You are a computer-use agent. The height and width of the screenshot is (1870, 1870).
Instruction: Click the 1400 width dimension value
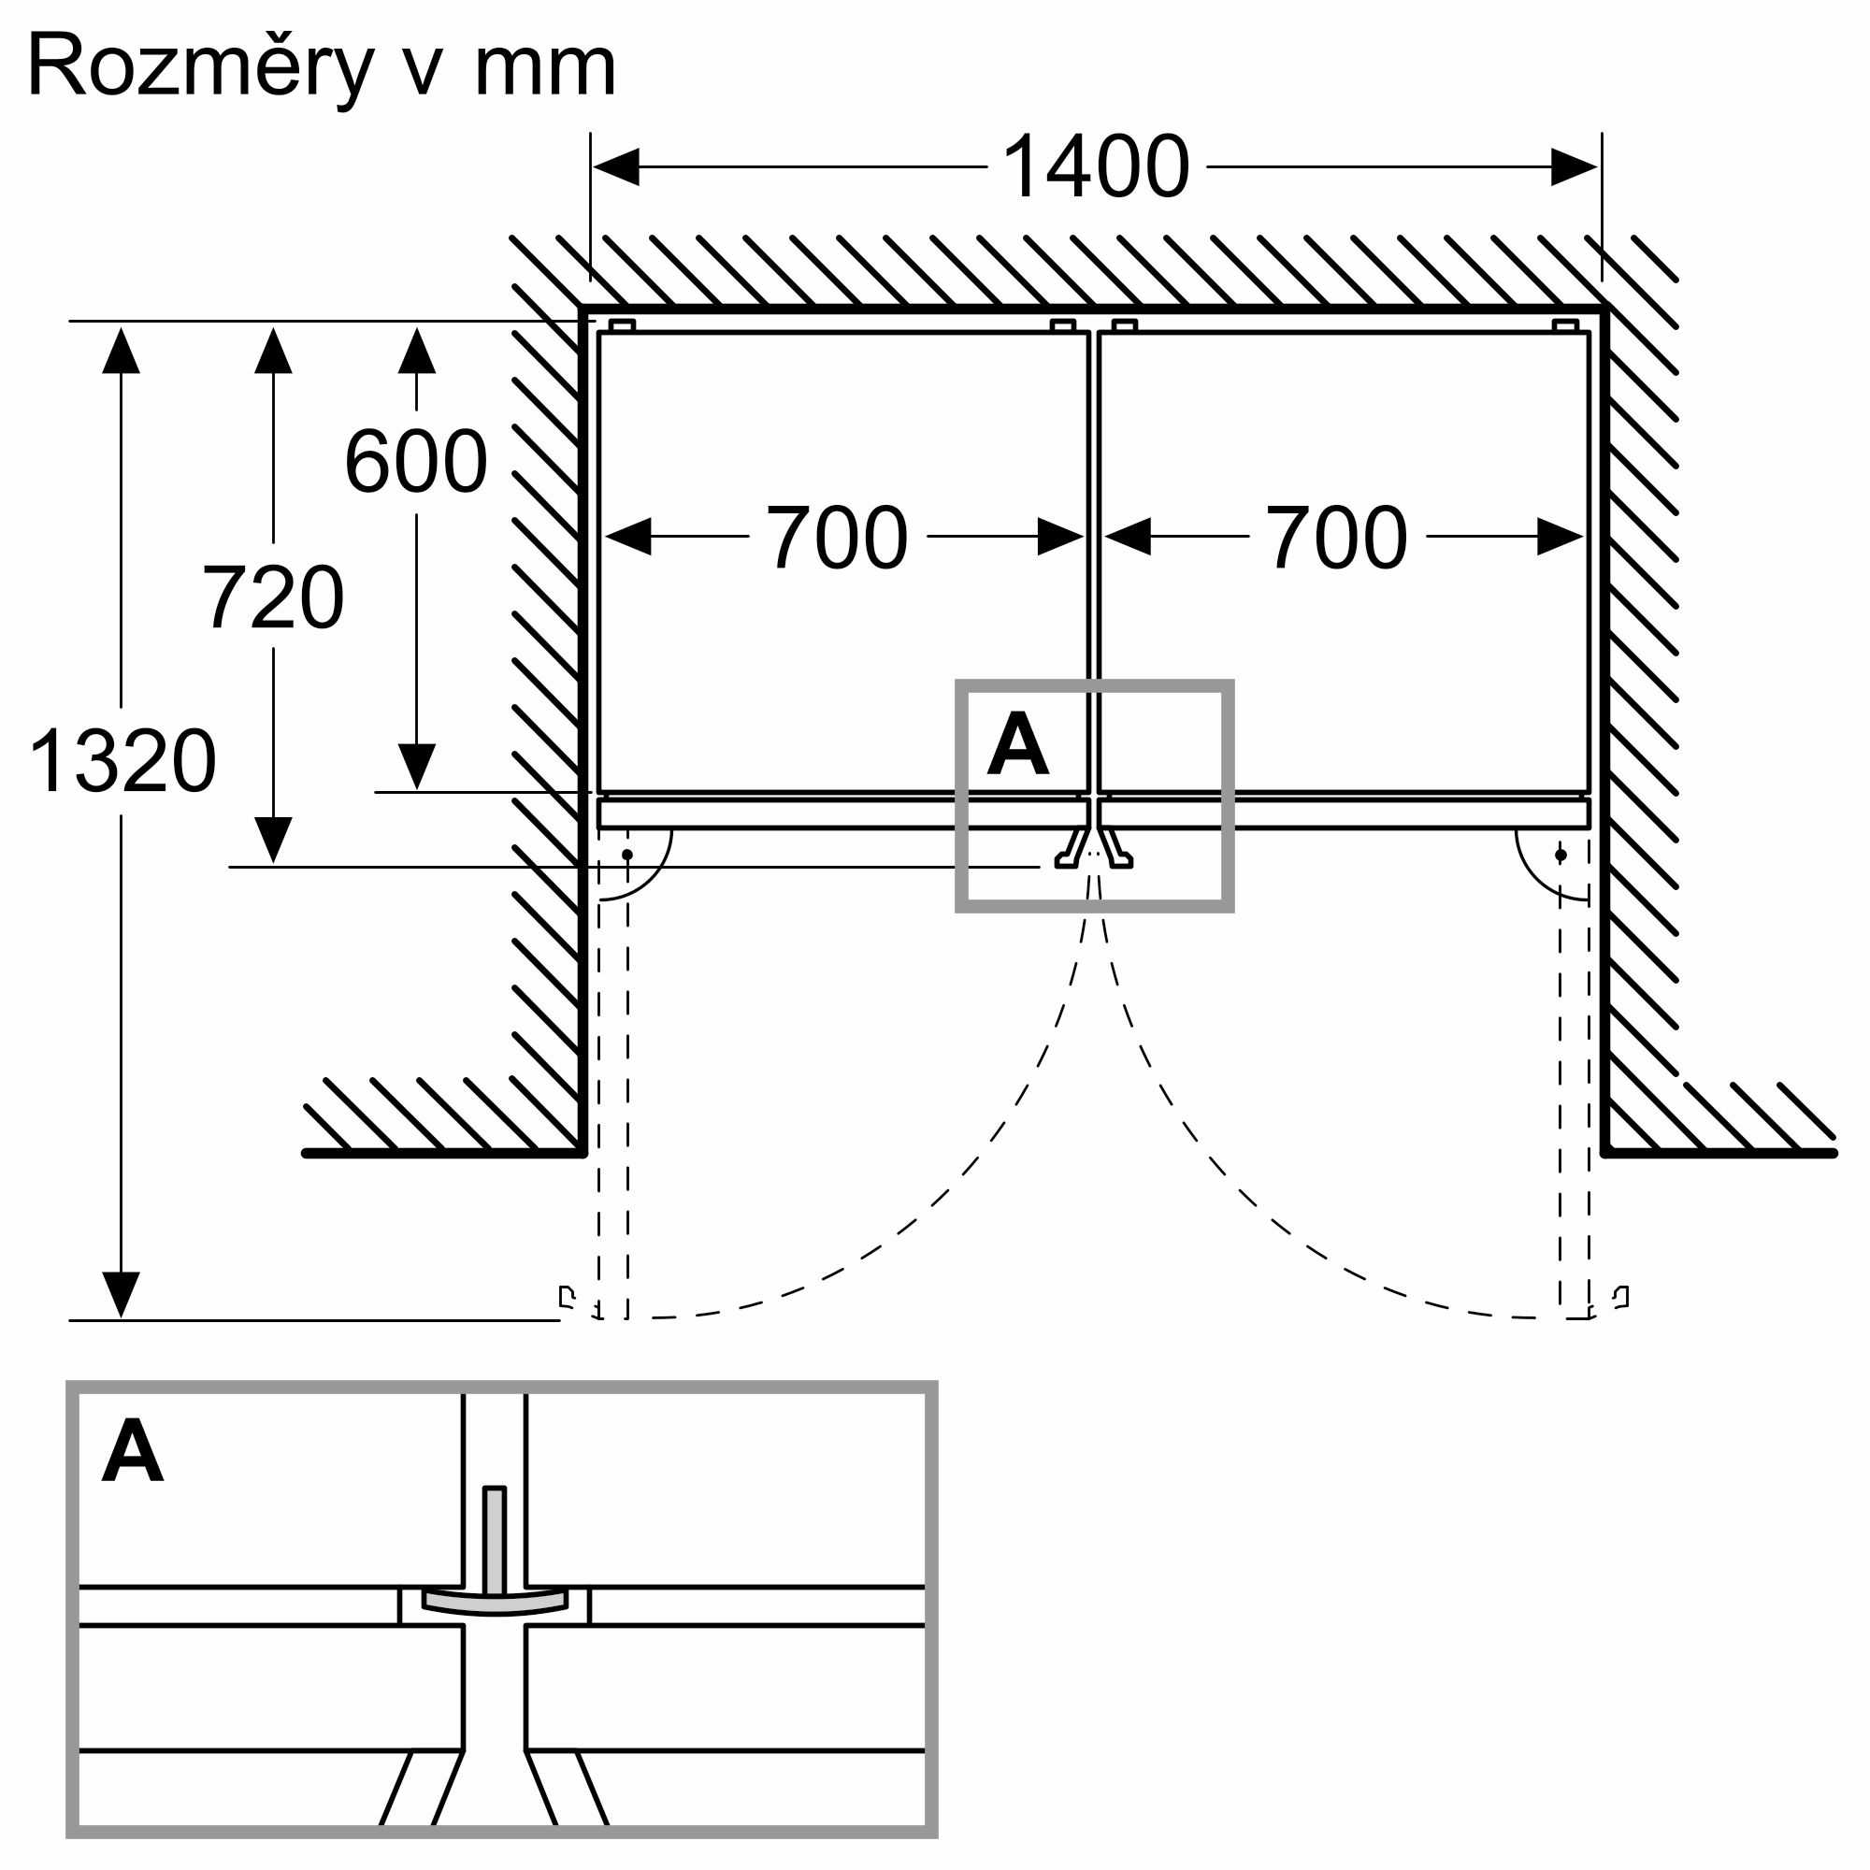coord(1096,167)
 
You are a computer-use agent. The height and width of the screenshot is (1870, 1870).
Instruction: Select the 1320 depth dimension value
coord(122,762)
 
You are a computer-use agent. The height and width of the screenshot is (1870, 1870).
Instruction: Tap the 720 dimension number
coord(273,598)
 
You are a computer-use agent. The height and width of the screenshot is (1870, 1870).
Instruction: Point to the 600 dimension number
coord(416,462)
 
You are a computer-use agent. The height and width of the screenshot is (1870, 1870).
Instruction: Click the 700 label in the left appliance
coord(837,538)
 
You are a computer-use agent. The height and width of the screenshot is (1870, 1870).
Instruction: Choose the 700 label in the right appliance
coord(1337,538)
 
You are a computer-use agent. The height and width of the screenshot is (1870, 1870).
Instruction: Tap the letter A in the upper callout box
coord(1017,745)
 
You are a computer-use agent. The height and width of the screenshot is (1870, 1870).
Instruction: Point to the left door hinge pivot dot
coord(627,855)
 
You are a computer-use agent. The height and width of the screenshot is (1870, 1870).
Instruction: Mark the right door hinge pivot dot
coord(1561,855)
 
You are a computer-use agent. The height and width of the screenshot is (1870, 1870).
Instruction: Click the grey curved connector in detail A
coord(495,1604)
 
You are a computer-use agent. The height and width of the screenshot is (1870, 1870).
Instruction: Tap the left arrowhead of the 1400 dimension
coord(615,167)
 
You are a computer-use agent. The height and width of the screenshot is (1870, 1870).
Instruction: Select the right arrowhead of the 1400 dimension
coord(1574,167)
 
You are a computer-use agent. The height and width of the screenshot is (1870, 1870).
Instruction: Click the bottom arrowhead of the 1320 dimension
coord(121,1295)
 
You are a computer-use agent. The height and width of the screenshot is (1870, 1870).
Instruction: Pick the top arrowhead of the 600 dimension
coord(416,351)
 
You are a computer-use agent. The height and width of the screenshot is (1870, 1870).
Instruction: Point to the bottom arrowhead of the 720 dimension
coord(273,841)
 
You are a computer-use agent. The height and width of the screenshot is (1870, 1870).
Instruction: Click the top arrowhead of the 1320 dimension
coord(121,351)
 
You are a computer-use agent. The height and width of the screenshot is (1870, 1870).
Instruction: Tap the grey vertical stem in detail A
coord(495,1539)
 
